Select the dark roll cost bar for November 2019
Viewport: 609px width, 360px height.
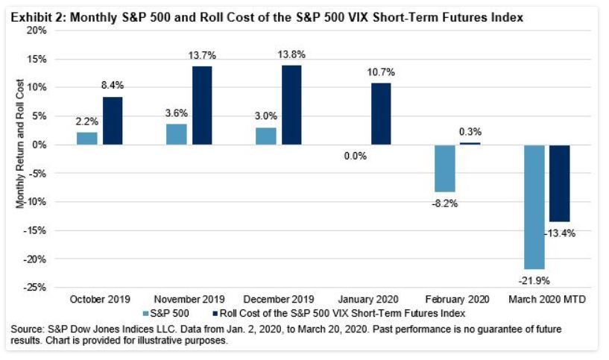(202, 105)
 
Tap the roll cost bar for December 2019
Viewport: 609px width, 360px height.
(291, 105)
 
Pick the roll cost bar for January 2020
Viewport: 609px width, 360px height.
(380, 113)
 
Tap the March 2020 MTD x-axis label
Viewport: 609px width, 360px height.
(547, 299)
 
